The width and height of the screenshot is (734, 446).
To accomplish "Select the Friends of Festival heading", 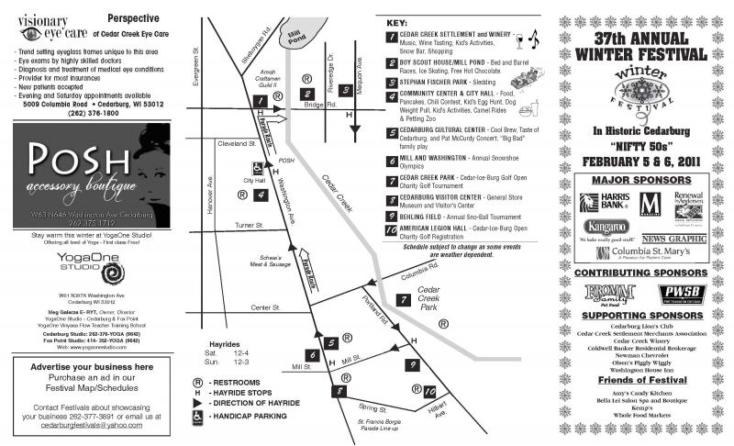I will pos(640,379).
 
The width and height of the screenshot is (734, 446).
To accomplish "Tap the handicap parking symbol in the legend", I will pos(196,415).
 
